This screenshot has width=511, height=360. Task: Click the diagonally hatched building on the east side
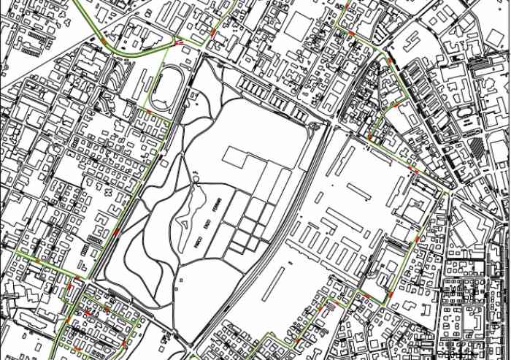pyautogui.click(x=475, y=148)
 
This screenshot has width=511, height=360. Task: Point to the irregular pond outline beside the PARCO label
pyautogui.click(x=187, y=212)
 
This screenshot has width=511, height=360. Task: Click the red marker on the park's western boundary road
pyautogui.click(x=117, y=233)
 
